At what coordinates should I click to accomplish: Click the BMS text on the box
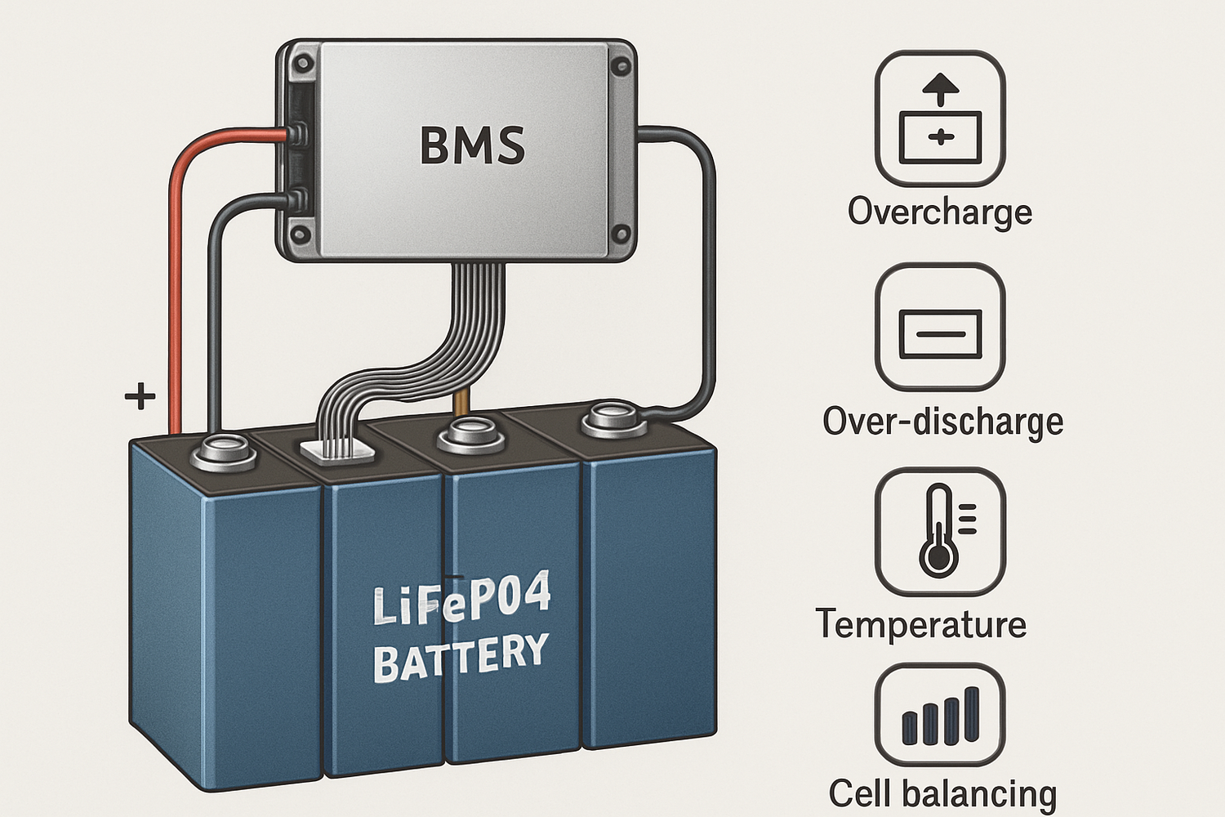click(x=472, y=145)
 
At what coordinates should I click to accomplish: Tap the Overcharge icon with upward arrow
click(x=939, y=118)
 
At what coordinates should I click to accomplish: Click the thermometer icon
click(x=939, y=531)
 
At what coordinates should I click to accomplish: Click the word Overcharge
click(x=939, y=212)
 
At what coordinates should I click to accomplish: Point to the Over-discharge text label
click(x=942, y=422)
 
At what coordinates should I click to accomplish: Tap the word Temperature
click(x=920, y=624)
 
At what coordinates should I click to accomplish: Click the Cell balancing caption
click(x=942, y=793)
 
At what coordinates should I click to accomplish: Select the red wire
click(x=175, y=286)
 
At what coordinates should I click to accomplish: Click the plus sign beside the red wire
click(x=140, y=396)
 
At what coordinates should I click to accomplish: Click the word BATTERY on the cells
click(x=461, y=659)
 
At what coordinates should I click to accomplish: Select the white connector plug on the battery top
click(x=338, y=450)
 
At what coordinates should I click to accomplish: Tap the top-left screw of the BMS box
click(x=303, y=62)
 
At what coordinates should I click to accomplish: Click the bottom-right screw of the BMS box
click(x=621, y=235)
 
